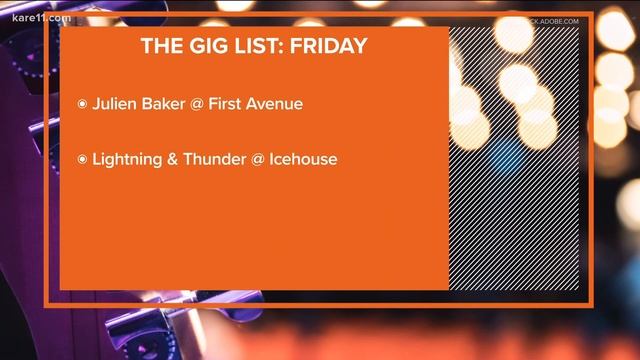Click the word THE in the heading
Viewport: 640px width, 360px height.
pos(160,46)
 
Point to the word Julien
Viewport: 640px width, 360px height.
pos(116,103)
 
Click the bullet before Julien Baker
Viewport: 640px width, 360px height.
pos(82,104)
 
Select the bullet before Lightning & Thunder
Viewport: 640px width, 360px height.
pos(82,159)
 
